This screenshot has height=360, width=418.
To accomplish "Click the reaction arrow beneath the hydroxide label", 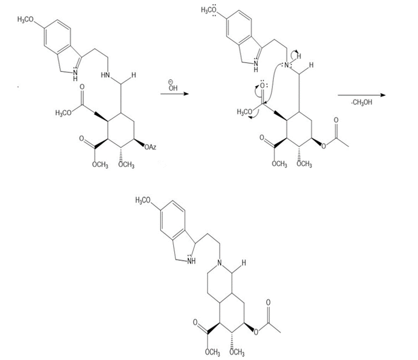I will [173, 94].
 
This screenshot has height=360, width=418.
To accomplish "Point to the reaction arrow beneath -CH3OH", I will [360, 95].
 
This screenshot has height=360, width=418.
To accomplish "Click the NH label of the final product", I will [192, 260].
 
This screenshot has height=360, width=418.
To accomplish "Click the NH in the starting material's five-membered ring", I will [73, 76].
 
